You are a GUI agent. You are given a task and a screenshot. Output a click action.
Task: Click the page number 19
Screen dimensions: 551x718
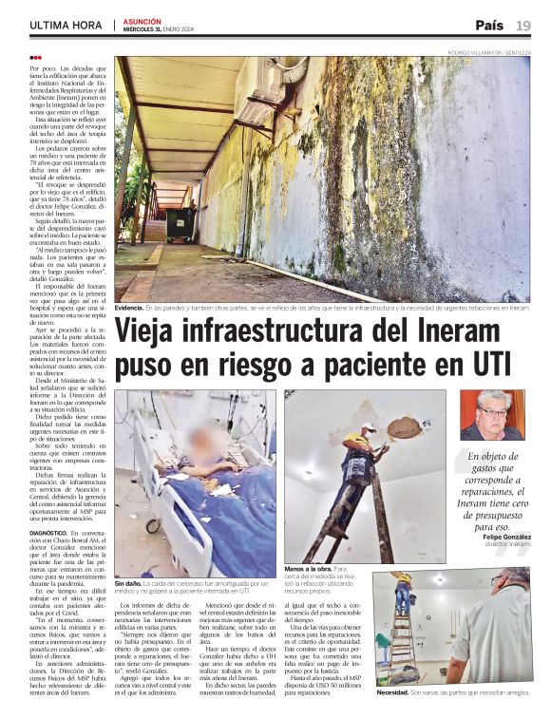(x=523, y=25)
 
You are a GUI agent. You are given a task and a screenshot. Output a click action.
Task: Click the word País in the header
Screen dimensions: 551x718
(x=489, y=25)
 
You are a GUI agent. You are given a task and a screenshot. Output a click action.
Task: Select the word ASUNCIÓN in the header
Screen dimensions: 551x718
(x=142, y=21)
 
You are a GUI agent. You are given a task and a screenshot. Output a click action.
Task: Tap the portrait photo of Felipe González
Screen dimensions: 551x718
(x=492, y=414)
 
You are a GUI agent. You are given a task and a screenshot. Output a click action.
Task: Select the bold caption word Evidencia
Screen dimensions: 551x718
(x=129, y=309)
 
